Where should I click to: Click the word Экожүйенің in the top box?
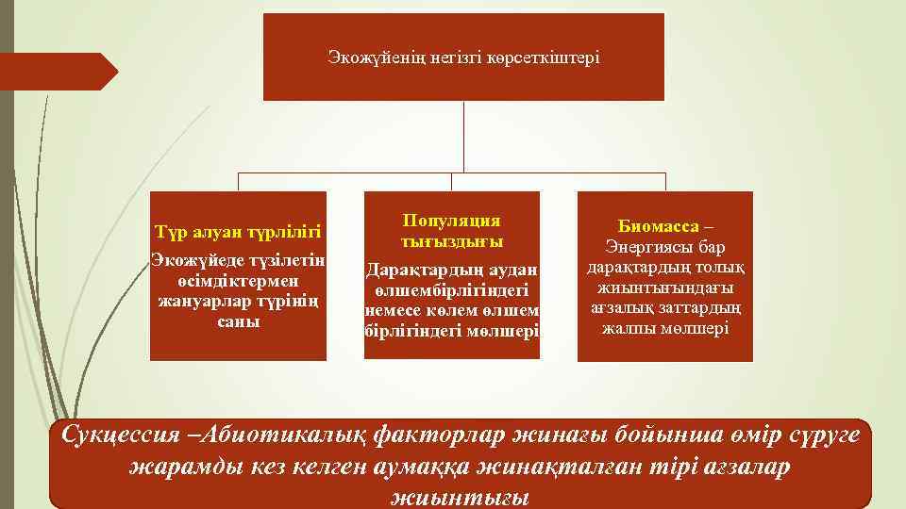[367, 57]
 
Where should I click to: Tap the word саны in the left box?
[238, 321]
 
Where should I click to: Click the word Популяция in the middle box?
[451, 221]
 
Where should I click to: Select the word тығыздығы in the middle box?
[451, 241]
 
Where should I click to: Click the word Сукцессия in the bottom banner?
[120, 436]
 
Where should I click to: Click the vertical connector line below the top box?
[463, 137]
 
